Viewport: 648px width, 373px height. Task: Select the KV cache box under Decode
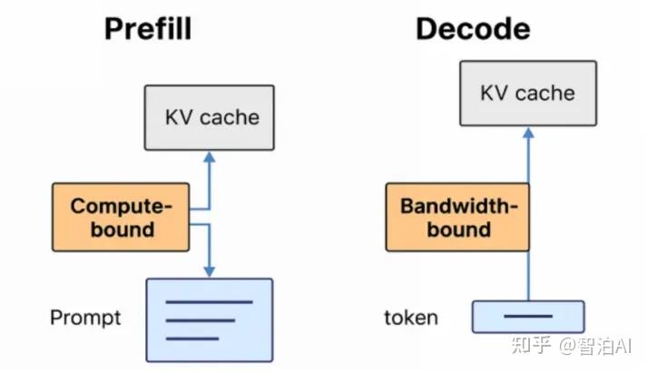point(527,93)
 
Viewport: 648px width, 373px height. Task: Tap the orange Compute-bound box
point(121,217)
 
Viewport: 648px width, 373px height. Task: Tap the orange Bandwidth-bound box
point(458,217)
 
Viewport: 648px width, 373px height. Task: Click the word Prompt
point(85,318)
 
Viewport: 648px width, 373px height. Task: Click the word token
point(410,317)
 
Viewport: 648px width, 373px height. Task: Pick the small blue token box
point(527,317)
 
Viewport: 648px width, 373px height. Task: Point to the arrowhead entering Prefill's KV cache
point(209,157)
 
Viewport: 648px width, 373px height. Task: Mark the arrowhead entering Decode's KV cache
point(527,133)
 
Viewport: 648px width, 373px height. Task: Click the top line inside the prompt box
point(210,301)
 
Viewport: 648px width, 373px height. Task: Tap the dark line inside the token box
point(527,317)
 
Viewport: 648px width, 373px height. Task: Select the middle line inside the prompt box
point(201,319)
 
